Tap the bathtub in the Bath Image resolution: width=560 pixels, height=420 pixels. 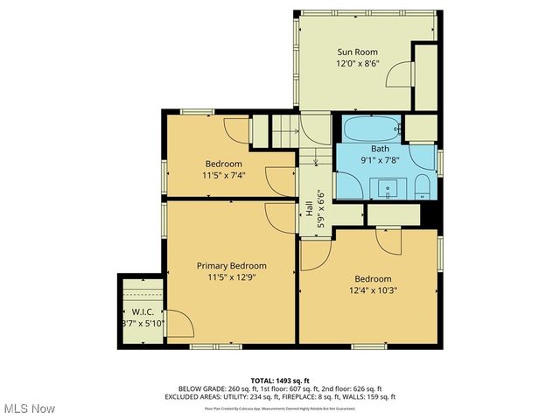point(371,130)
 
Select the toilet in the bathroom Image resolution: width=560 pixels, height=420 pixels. point(421,185)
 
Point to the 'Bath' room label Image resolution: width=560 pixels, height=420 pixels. point(380,149)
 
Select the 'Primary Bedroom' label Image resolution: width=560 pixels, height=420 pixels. point(231,266)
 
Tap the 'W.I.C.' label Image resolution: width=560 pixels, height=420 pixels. point(142,312)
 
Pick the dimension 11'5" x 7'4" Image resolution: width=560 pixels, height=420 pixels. point(224,175)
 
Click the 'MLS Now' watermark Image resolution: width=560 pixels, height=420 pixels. point(28,409)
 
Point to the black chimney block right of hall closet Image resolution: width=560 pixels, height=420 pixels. point(428,213)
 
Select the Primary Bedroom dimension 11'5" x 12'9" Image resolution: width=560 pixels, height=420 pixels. point(231,277)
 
